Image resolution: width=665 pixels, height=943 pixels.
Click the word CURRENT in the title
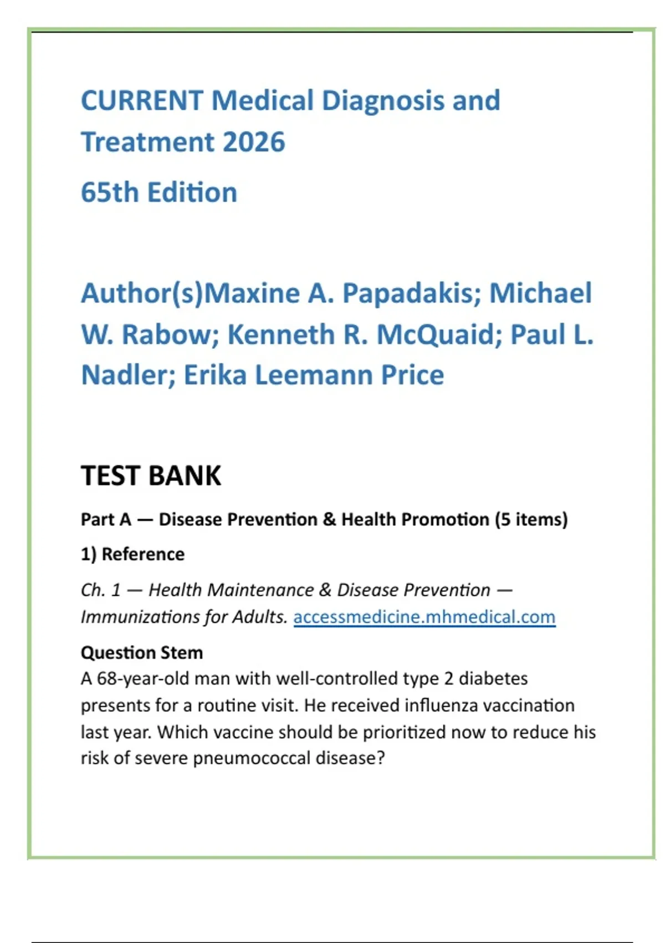pos(142,101)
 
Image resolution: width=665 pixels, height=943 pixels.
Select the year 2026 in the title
pos(254,142)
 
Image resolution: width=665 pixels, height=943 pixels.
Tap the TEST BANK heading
pos(151,476)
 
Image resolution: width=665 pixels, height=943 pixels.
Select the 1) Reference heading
pos(132,554)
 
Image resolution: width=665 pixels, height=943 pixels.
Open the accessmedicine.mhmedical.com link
pos(424,617)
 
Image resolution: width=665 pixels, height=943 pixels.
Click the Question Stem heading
pos(142,652)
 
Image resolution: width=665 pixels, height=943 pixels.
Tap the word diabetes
pos(493,678)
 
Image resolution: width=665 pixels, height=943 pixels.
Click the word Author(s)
pos(142,293)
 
